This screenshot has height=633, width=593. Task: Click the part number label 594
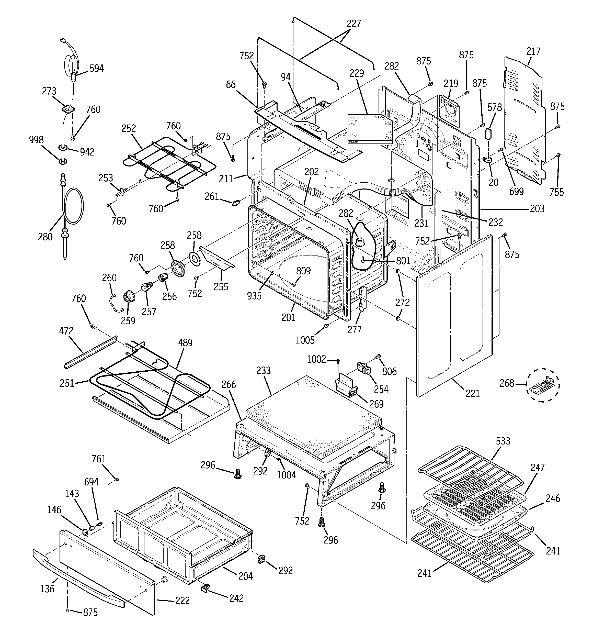(x=96, y=69)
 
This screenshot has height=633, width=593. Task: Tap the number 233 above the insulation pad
(x=263, y=370)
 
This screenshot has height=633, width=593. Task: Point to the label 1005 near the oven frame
(x=305, y=340)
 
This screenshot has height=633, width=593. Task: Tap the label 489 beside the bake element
(x=185, y=343)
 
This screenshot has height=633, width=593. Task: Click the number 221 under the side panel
(x=473, y=394)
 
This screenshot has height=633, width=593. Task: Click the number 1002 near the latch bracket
(x=316, y=360)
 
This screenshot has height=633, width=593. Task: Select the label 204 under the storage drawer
(x=245, y=576)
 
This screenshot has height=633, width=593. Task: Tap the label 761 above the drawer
(x=98, y=459)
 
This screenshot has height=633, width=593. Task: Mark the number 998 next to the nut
(x=36, y=140)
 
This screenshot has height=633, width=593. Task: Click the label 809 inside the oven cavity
(x=303, y=271)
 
